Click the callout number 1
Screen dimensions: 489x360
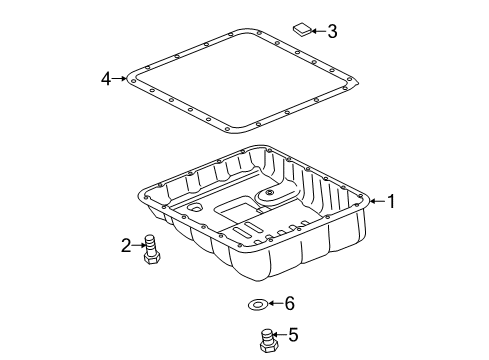click(x=391, y=201)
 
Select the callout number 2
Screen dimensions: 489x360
click(x=126, y=246)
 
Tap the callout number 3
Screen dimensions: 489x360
click(x=332, y=31)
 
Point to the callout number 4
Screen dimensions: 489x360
click(x=106, y=79)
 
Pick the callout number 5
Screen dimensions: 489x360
click(x=293, y=335)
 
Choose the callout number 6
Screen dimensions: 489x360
click(x=289, y=303)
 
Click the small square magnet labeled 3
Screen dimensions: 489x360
click(x=302, y=29)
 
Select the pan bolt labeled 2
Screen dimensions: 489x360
click(x=152, y=250)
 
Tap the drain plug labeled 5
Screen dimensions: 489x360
click(x=268, y=341)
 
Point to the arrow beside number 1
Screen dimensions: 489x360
click(x=377, y=201)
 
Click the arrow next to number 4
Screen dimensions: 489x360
click(x=119, y=79)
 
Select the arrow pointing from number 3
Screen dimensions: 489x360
click(x=318, y=31)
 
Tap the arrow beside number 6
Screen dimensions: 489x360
click(x=275, y=303)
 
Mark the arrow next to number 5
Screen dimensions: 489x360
click(x=279, y=334)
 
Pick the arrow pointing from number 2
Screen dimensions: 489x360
click(x=138, y=246)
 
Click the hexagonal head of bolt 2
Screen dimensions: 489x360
click(x=152, y=258)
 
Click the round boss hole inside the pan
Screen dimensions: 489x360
click(x=270, y=192)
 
